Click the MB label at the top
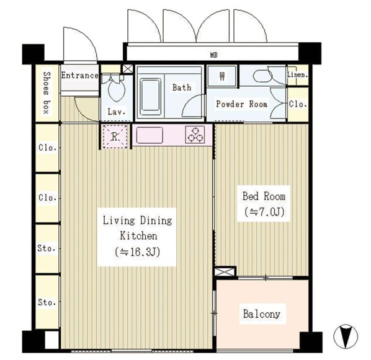point(213,55)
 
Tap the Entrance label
point(80,76)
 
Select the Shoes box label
point(47,93)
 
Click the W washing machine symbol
point(221,76)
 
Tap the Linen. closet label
point(298,75)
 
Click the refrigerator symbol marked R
point(115,136)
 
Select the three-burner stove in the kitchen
point(195,134)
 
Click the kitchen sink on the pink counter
point(150,135)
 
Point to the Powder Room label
point(242,104)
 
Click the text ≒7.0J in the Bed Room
point(264,212)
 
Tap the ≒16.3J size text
point(137,252)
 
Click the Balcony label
point(262,314)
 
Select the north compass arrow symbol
point(346,336)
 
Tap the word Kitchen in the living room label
point(138,236)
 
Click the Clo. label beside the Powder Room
point(298,104)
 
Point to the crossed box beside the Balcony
point(225,271)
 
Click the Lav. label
point(117,112)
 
